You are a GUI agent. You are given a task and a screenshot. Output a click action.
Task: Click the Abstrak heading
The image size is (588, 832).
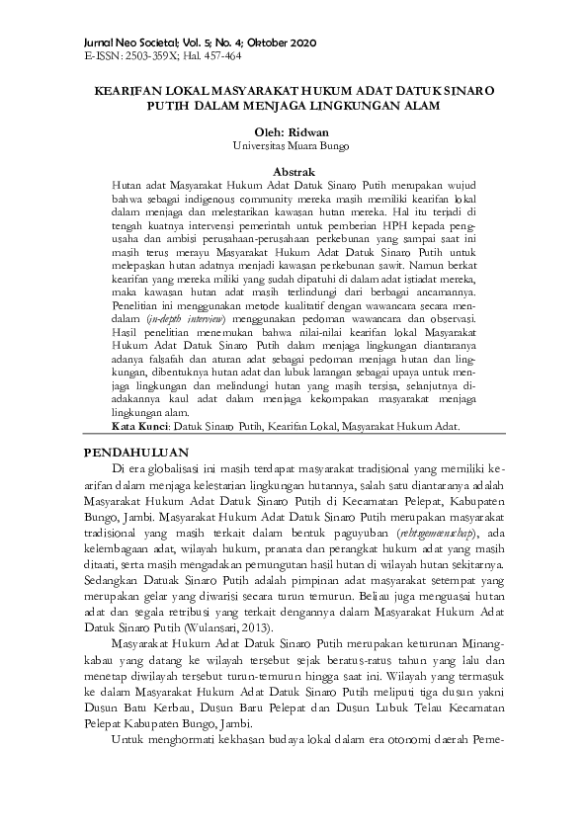pyautogui.click(x=294, y=171)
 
